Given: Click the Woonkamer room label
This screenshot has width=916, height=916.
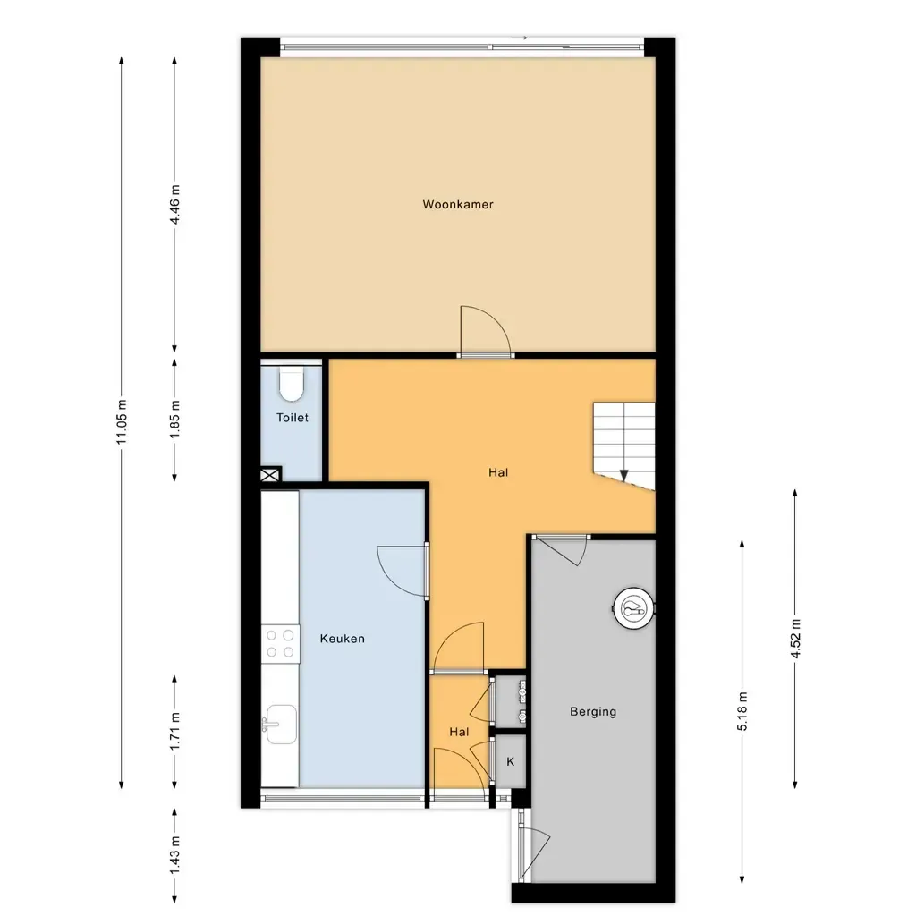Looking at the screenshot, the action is pyautogui.click(x=458, y=205).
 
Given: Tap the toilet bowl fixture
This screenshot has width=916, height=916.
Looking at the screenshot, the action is pyautogui.click(x=292, y=384).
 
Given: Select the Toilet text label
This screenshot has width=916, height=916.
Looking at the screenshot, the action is pyautogui.click(x=293, y=418).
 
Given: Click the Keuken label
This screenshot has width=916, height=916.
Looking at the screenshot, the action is pyautogui.click(x=343, y=639).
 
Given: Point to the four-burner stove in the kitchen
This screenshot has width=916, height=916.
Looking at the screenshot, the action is pyautogui.click(x=280, y=644).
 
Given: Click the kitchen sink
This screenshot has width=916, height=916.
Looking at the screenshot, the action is pyautogui.click(x=280, y=725).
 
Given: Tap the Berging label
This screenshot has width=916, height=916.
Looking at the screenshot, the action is pyautogui.click(x=593, y=711).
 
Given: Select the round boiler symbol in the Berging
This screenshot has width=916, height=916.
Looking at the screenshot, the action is pyautogui.click(x=633, y=608).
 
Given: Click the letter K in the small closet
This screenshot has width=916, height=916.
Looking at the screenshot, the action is pyautogui.click(x=511, y=762).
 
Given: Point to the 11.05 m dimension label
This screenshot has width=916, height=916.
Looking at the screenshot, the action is pyautogui.click(x=122, y=422).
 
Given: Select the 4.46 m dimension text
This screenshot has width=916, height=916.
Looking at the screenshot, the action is pyautogui.click(x=174, y=205).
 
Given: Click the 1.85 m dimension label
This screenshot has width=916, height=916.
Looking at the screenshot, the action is pyautogui.click(x=174, y=420).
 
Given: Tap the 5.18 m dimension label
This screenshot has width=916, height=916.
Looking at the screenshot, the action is pyautogui.click(x=742, y=711).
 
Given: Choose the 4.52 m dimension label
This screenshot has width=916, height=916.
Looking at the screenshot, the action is pyautogui.click(x=795, y=639).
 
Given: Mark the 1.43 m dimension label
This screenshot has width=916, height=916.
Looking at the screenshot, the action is pyautogui.click(x=174, y=856).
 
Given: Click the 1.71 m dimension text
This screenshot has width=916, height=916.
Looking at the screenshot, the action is pyautogui.click(x=174, y=733).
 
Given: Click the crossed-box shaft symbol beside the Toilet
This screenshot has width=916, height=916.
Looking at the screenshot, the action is pyautogui.click(x=270, y=474).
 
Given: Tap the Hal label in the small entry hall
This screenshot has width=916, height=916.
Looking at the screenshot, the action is pyautogui.click(x=459, y=732).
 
